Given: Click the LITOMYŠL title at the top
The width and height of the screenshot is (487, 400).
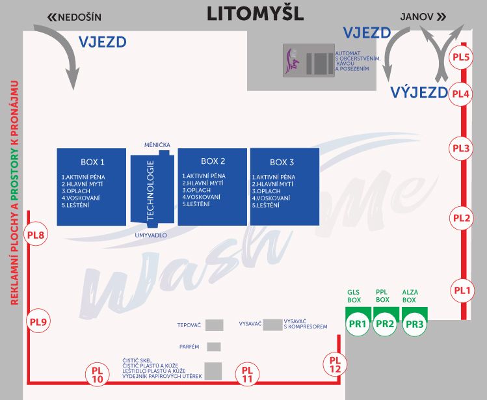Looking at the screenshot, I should (255, 14).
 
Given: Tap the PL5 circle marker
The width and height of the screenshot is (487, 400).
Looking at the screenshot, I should (461, 57).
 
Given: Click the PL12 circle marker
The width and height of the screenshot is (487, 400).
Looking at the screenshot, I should (335, 364).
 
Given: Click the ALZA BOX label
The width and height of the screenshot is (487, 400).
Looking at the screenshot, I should (410, 296).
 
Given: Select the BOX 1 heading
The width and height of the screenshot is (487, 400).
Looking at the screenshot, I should (92, 162).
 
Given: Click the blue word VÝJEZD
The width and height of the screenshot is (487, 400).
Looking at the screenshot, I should (419, 92).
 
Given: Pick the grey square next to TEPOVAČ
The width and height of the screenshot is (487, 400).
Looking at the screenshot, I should (215, 325).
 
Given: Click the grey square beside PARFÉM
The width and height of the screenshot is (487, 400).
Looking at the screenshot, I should (214, 347).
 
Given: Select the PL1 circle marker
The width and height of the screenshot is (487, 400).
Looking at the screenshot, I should (461, 290).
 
